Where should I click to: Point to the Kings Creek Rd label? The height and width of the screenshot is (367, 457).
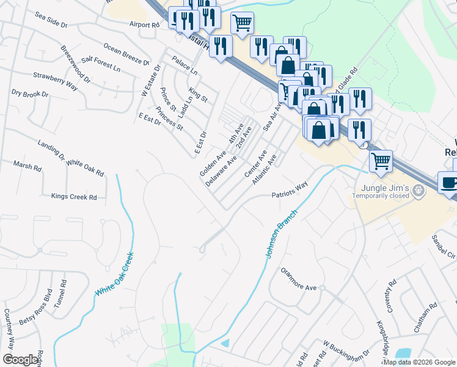click(x=74, y=197)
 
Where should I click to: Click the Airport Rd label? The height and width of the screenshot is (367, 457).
click(x=144, y=24)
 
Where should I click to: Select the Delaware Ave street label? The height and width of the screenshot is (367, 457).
click(x=221, y=171)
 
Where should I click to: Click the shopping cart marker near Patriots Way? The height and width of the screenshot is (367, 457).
click(x=381, y=161)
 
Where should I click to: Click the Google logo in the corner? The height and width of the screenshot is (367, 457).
click(x=21, y=360)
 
